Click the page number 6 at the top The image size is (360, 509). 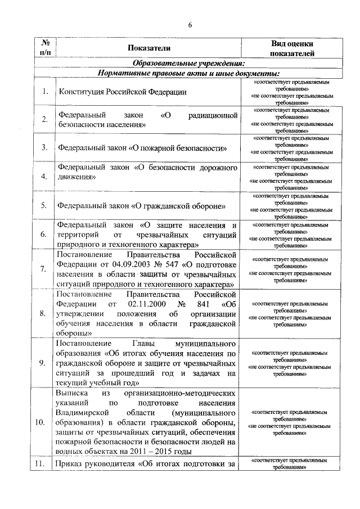[190, 25]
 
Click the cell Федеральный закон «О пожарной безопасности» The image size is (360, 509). [143, 148]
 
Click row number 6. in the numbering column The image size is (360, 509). [44, 235]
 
